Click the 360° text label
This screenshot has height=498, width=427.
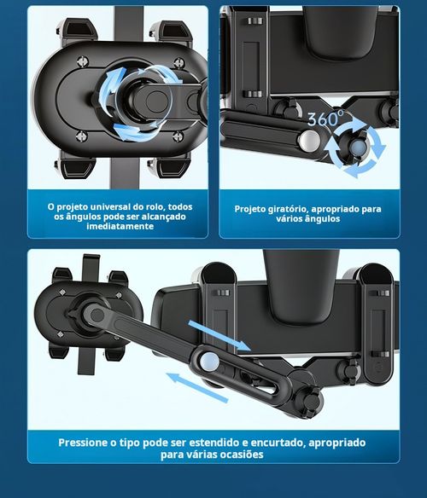click(326, 119)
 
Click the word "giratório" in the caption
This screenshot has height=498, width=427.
click(295, 208)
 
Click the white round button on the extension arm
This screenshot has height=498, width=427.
click(208, 363)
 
